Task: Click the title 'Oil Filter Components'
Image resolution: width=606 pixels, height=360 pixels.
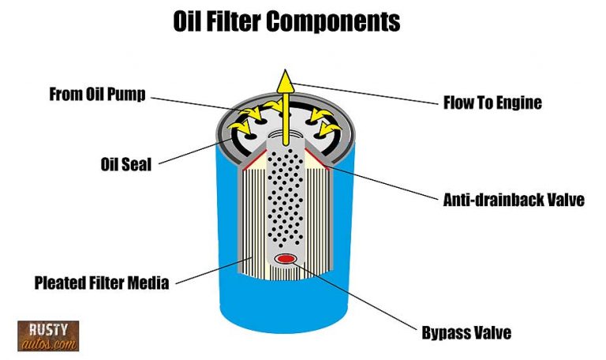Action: pyautogui.click(x=286, y=21)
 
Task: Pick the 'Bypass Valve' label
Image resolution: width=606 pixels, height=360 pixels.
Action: pyautogui.click(x=466, y=332)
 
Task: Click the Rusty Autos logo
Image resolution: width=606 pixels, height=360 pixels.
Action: pyautogui.click(x=47, y=336)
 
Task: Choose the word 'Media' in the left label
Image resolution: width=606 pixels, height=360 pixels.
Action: pyautogui.click(x=149, y=282)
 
